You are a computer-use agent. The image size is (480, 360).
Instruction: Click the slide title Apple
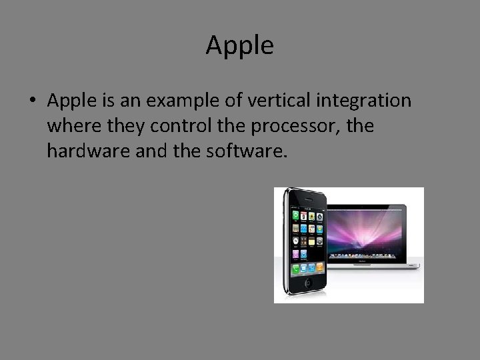[239, 45]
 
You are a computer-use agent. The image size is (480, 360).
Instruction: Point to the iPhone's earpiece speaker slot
[309, 201]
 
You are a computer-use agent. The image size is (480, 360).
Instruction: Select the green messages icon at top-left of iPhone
[293, 216]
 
